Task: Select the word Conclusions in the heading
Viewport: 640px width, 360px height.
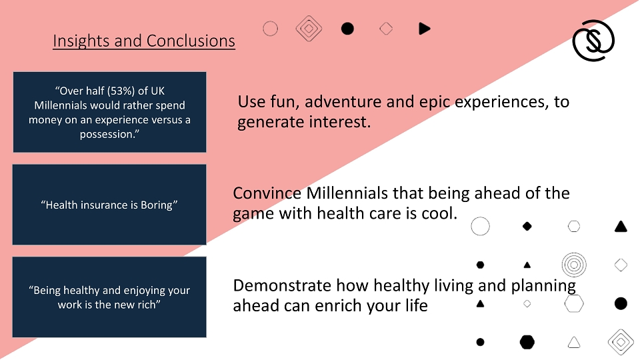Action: pyautogui.click(x=191, y=41)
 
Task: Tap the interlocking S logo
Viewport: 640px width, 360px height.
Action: pyautogui.click(x=593, y=41)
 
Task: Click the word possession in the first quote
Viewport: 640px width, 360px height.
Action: pyautogui.click(x=107, y=134)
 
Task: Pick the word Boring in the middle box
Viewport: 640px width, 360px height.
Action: pyautogui.click(x=157, y=205)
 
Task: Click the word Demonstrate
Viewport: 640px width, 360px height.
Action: pyautogui.click(x=282, y=286)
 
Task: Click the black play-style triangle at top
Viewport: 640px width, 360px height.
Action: pyautogui.click(x=425, y=29)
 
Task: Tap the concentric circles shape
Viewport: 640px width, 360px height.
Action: pyautogui.click(x=574, y=265)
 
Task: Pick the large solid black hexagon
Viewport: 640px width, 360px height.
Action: pyautogui.click(x=527, y=342)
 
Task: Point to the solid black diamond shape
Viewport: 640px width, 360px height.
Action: pyautogui.click(x=527, y=226)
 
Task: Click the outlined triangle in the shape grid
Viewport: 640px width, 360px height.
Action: pyautogui.click(x=574, y=342)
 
